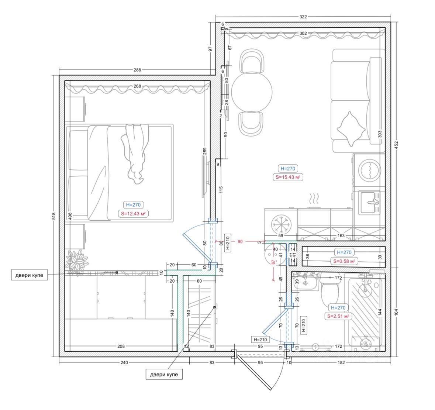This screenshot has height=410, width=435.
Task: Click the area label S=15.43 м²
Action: pos(288,177)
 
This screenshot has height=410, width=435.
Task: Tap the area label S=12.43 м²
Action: pos(133,214)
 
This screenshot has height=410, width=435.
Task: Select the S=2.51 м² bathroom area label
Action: pos(338,316)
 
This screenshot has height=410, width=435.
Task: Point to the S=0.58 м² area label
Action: pos(344,261)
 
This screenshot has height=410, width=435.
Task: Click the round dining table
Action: pos(252,92)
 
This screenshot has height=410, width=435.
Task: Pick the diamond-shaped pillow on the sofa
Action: pos(351,129)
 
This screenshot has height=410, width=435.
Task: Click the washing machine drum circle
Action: pos(369,170)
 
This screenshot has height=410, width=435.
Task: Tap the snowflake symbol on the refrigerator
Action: pos(281,224)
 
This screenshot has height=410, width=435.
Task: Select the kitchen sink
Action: pos(369,202)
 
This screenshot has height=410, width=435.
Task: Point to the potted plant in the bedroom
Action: pos(77,261)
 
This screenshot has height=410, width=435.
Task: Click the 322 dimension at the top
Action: pos(303,17)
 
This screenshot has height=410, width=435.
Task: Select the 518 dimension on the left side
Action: pos(54,216)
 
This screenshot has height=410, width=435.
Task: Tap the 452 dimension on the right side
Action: pos(396,145)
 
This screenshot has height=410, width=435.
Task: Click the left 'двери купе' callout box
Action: pos(29,275)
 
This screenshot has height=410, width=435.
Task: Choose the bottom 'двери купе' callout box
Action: pos(164,375)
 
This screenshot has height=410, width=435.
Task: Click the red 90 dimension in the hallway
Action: pos(240,242)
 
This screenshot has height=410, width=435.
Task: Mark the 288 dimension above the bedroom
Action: pos(137,70)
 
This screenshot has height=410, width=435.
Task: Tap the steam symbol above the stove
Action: pos(314,199)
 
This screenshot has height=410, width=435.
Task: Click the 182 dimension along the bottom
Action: pos(341,362)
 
